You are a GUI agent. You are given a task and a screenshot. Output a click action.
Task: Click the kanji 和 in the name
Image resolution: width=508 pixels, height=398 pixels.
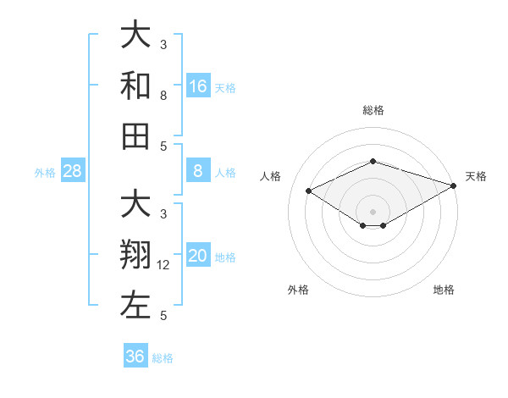click(x=135, y=86)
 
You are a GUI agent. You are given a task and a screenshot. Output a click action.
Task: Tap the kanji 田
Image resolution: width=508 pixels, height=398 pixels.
click(x=135, y=136)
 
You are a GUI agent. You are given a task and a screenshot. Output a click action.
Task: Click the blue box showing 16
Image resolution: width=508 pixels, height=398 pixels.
click(x=198, y=86)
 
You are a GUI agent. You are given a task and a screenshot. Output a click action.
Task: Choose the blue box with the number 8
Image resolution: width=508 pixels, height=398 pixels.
click(x=198, y=172)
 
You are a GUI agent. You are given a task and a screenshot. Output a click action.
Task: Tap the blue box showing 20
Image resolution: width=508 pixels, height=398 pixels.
click(x=198, y=257)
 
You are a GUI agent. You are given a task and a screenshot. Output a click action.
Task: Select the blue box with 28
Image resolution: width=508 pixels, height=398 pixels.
click(x=73, y=172)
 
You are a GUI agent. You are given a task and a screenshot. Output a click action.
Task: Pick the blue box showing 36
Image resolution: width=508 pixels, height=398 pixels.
click(x=135, y=357)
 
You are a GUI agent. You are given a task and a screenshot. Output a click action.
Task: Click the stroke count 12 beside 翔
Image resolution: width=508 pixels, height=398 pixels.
click(x=164, y=265)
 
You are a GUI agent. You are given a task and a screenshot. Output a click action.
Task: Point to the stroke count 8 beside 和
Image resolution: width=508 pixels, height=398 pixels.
click(x=163, y=96)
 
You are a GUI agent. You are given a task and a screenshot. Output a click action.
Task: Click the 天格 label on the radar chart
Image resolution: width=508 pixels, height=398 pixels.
click(x=476, y=176)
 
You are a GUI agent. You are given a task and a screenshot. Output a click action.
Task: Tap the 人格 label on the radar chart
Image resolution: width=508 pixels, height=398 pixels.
click(x=271, y=176)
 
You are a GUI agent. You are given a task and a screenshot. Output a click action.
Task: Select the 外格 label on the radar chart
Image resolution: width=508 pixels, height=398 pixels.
click(x=298, y=290)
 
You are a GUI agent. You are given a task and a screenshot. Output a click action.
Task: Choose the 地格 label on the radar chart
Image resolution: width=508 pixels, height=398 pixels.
click(x=444, y=290)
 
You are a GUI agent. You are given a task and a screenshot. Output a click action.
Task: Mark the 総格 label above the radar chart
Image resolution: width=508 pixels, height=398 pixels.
click(x=373, y=110)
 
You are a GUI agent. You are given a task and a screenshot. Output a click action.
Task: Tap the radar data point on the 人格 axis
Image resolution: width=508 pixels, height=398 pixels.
click(x=309, y=191)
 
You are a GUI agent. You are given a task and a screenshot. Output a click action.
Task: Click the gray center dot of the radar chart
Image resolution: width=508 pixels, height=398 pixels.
click(x=373, y=211)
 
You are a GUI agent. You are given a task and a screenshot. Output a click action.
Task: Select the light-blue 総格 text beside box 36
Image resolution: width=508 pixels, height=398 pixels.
click(x=163, y=357)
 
